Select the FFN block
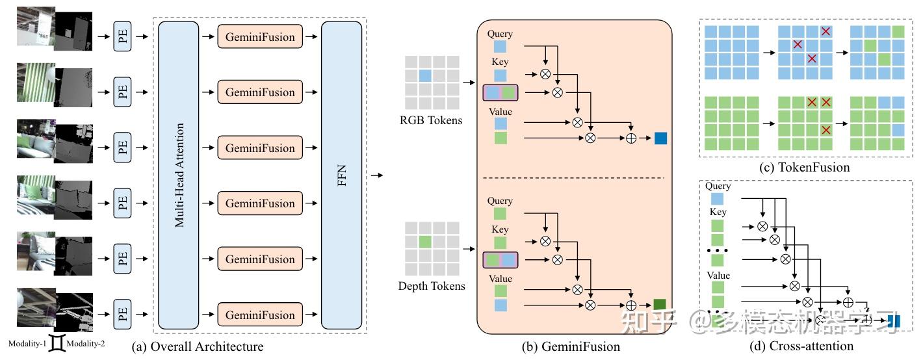(x=342, y=175)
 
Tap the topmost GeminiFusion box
(x=260, y=37)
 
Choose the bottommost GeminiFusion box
(x=260, y=315)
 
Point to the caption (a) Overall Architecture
(x=198, y=346)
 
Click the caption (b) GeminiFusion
(x=571, y=346)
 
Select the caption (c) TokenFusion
(x=805, y=167)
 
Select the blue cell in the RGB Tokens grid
(x=425, y=76)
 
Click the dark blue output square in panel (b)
(x=661, y=138)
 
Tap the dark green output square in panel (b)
(x=660, y=304)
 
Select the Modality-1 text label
(x=27, y=343)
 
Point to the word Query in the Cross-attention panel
(x=718, y=186)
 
